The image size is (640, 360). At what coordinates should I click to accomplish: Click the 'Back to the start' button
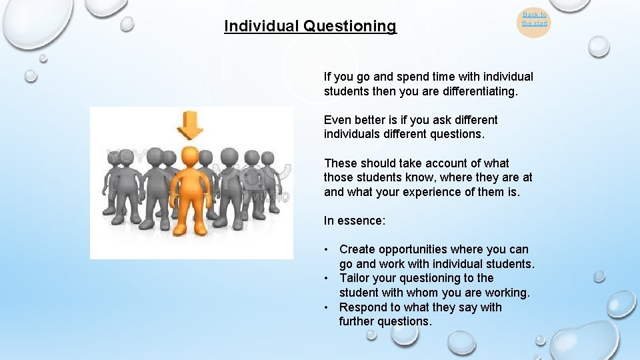(534, 19)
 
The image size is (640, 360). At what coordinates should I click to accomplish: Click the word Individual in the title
(261, 27)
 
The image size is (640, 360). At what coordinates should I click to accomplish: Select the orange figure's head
(190, 158)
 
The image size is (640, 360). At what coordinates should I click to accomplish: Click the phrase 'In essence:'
(355, 221)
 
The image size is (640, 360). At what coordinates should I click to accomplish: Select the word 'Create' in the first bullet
(357, 249)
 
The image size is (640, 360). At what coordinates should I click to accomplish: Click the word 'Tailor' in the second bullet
(355, 278)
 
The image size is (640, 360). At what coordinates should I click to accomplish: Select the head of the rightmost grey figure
(267, 159)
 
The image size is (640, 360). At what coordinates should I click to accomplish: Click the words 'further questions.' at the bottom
(385, 321)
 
